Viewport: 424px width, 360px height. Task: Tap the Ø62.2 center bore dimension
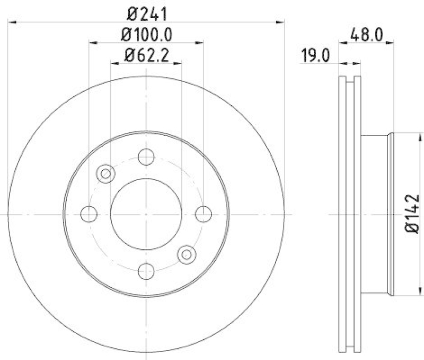point(146,55)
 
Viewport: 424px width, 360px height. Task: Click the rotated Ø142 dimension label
point(413,213)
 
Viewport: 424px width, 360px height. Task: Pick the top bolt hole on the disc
point(146,157)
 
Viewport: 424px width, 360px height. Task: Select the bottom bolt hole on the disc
point(146,271)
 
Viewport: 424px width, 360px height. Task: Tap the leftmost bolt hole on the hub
point(89,214)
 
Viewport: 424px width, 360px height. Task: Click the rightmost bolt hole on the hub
point(204,214)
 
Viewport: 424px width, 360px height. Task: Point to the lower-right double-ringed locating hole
point(186,255)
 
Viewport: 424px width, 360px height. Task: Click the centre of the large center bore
point(146,214)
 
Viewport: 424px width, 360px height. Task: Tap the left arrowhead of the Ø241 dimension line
point(12,22)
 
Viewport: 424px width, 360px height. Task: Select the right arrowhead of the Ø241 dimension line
point(281,22)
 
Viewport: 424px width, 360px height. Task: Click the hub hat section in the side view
point(375,214)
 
